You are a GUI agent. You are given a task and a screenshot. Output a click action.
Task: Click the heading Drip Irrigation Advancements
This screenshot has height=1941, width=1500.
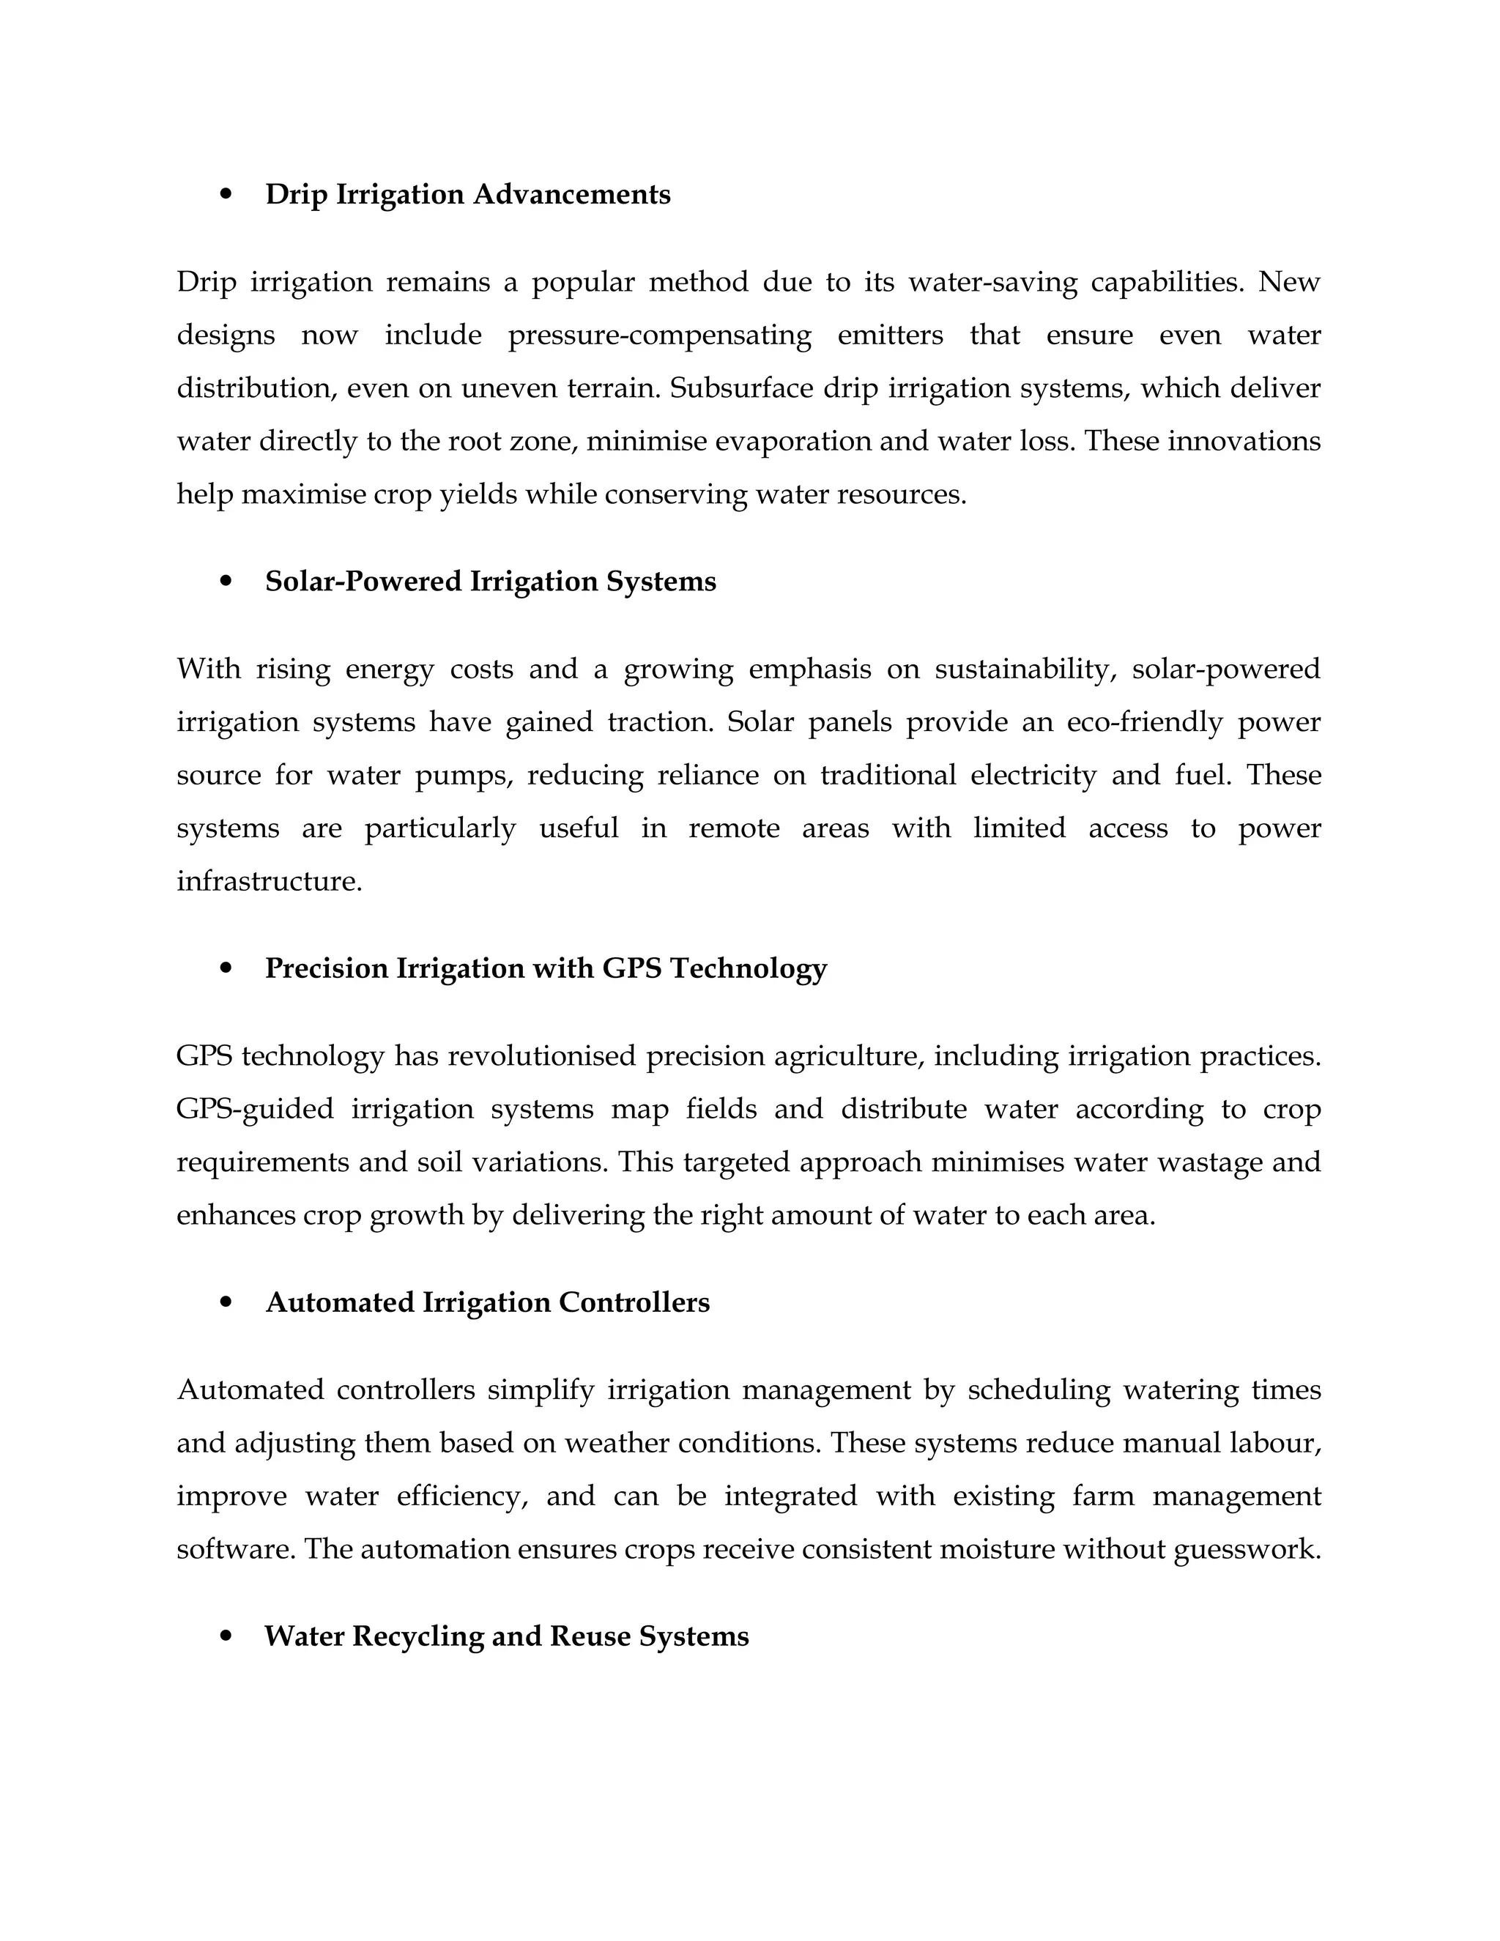pos(467,194)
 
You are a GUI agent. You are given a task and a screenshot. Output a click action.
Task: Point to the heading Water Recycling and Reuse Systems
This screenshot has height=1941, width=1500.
pos(507,1636)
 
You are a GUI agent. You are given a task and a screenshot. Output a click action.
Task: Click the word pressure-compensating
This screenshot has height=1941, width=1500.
pos(659,336)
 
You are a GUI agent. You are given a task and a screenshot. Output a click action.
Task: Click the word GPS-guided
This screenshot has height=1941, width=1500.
pos(255,1109)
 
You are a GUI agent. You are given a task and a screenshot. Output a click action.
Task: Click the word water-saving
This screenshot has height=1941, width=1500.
pos(992,283)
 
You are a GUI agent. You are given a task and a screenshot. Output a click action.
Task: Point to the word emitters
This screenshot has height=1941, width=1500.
pos(891,336)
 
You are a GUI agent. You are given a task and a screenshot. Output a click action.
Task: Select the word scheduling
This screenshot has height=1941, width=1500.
pos(1039,1390)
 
